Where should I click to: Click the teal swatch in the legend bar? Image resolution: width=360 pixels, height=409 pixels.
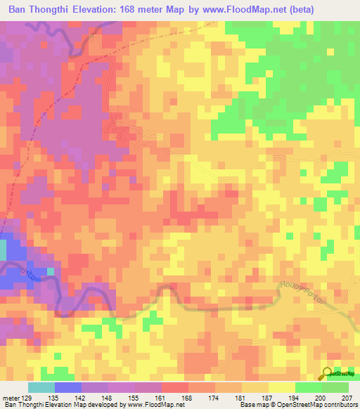click(x=41, y=387)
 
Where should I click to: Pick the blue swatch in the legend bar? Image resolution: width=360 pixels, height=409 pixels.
click(x=68, y=387)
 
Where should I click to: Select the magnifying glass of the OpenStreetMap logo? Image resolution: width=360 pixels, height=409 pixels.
click(x=327, y=373)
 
